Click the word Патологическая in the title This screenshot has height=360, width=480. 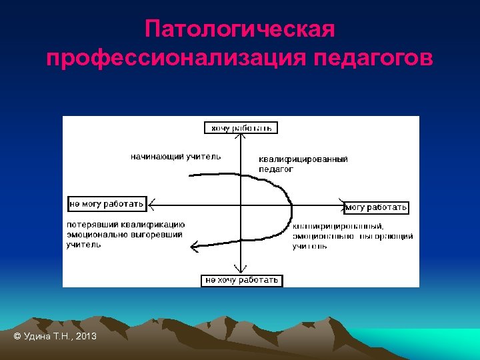coord(239,30)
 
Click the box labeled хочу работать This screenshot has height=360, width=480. coord(241,127)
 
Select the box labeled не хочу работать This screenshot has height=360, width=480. coord(241,280)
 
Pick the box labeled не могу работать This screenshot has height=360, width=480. coord(107,203)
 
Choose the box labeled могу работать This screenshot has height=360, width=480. coord(376,207)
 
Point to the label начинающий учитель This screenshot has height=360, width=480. coord(175,157)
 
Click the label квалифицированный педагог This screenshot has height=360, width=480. coord(303,164)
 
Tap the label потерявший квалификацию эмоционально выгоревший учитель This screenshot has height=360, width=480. coord(125,235)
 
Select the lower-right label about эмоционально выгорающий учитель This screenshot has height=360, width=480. coord(352,236)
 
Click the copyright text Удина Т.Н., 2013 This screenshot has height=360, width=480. coord(55,336)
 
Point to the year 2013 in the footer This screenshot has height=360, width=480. coord(86,336)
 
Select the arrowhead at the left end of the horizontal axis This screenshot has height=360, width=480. coord(152,204)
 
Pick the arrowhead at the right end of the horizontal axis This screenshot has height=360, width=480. coord(341,205)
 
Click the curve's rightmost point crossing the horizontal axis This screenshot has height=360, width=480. coord(291,205)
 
